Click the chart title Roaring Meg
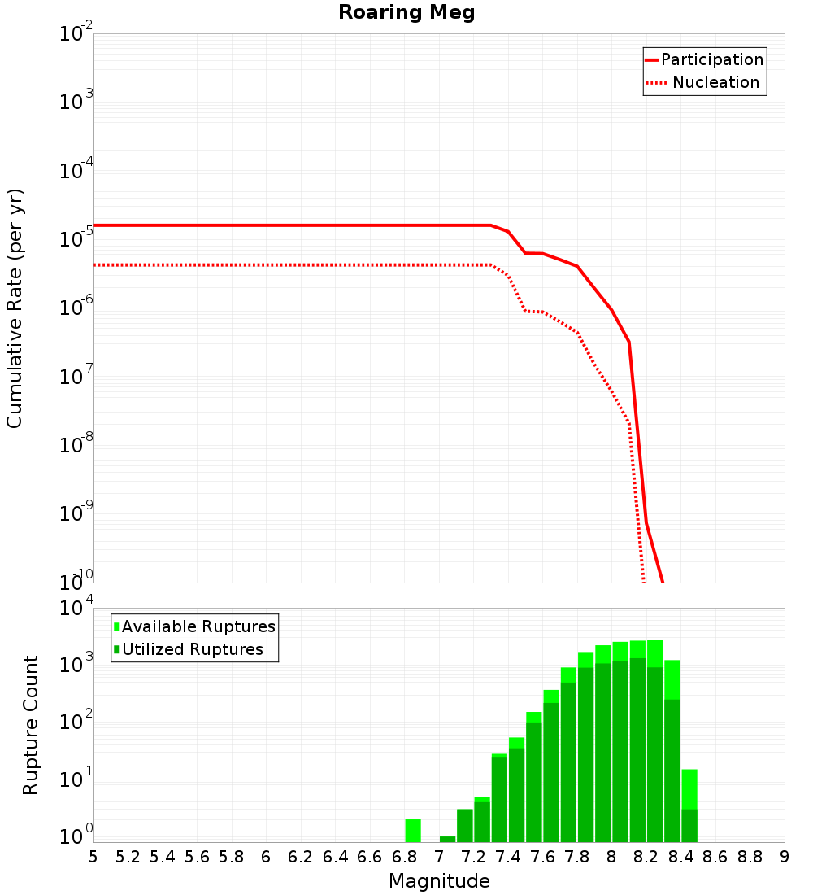[x=406, y=13]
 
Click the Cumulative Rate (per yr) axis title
[x=15, y=308]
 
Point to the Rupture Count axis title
[x=31, y=725]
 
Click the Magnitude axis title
[x=439, y=881]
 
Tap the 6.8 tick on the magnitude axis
[x=404, y=857]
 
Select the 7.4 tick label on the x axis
[x=508, y=857]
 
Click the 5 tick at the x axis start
[x=93, y=857]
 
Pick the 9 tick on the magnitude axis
[x=785, y=857]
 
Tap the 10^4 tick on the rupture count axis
[x=78, y=609]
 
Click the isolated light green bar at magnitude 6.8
[x=413, y=831]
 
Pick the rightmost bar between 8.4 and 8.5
[x=689, y=805]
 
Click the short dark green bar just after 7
[x=447, y=839]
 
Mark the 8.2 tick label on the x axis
[x=646, y=857]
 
